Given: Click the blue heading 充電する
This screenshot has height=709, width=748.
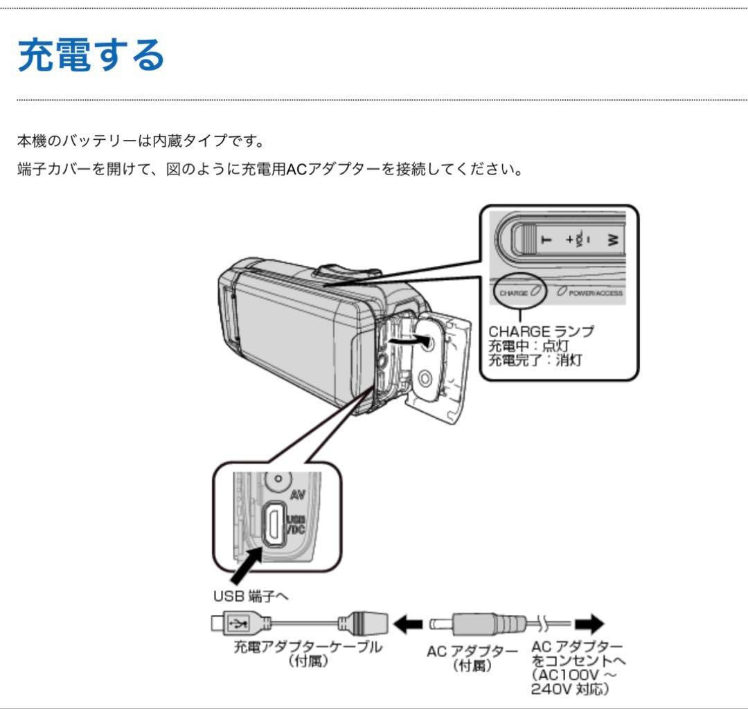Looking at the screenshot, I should click(91, 55).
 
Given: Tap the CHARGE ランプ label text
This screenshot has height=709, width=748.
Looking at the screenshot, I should click(541, 331).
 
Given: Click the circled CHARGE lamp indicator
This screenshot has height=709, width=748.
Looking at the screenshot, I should click(519, 292).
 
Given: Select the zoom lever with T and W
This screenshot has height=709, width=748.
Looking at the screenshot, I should click(568, 240).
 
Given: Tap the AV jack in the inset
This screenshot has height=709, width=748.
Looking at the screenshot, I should click(278, 478).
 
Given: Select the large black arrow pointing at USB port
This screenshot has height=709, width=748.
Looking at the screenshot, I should click(244, 564).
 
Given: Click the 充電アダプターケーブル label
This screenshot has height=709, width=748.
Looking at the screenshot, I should click(308, 647).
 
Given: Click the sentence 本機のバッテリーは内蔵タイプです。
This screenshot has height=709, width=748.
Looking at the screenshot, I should click(140, 141).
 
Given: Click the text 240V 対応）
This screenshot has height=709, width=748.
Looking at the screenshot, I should click(570, 689).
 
